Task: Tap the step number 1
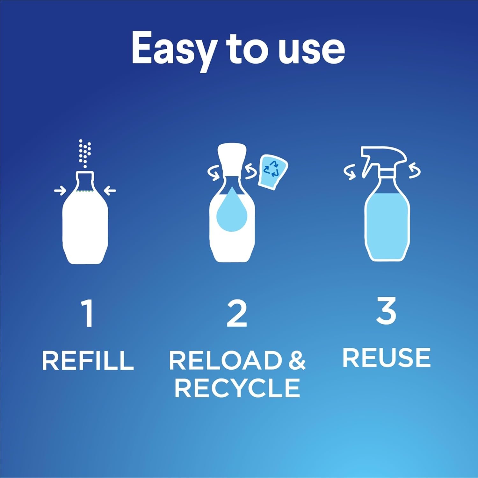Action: (87, 314)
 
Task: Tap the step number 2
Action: (237, 314)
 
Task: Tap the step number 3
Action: (386, 310)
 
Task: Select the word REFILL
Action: (88, 360)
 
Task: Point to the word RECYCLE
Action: (237, 388)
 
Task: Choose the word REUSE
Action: (386, 358)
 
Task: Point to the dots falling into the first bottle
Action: (85, 153)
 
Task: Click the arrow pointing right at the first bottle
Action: (60, 191)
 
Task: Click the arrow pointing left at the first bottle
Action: (110, 191)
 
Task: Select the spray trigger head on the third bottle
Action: (382, 158)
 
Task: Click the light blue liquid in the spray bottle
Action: (387, 223)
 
